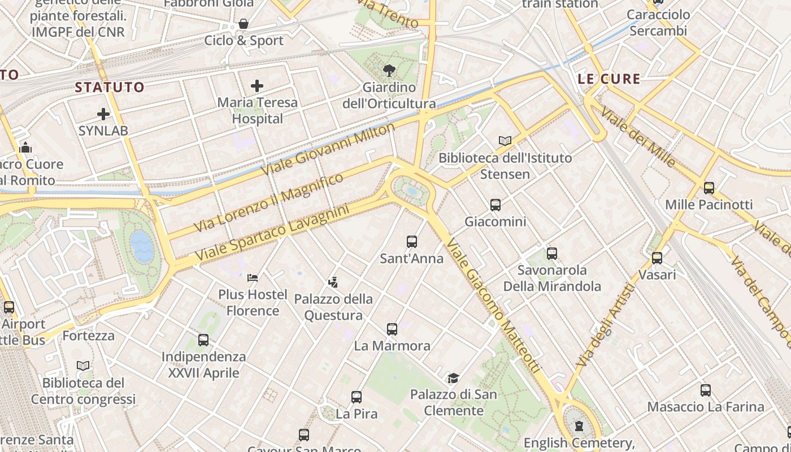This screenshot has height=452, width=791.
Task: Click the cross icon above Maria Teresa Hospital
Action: point(257,86)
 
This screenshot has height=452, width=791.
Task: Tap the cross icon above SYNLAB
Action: point(103,114)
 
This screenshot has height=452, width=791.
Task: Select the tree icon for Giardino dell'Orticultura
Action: point(389,71)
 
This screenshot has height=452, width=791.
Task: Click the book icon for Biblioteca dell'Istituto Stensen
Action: point(505,141)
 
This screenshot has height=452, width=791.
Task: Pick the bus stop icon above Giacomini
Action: point(496,205)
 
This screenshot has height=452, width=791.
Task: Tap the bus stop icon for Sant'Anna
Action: point(412,242)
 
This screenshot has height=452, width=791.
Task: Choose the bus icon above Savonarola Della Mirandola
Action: point(552,254)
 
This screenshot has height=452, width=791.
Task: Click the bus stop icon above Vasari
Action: point(657,258)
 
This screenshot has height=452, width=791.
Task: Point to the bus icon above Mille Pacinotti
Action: point(709,188)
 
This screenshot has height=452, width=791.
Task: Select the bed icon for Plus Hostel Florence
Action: point(253,278)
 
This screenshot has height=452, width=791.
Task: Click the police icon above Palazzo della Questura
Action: point(333,282)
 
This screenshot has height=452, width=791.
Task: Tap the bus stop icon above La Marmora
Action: point(392,329)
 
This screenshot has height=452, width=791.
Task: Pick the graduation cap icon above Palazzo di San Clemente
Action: point(453,378)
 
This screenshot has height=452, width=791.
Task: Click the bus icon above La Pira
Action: point(357,397)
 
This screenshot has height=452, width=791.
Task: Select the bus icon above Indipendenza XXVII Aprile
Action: point(203,340)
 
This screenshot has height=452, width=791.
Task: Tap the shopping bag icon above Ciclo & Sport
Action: point(244,24)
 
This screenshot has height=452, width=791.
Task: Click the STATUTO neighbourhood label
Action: point(110,87)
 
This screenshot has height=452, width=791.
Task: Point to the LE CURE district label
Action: point(609,79)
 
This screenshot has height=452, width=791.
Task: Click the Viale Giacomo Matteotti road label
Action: point(494,306)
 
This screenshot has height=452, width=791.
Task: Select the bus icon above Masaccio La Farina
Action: point(706,390)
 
